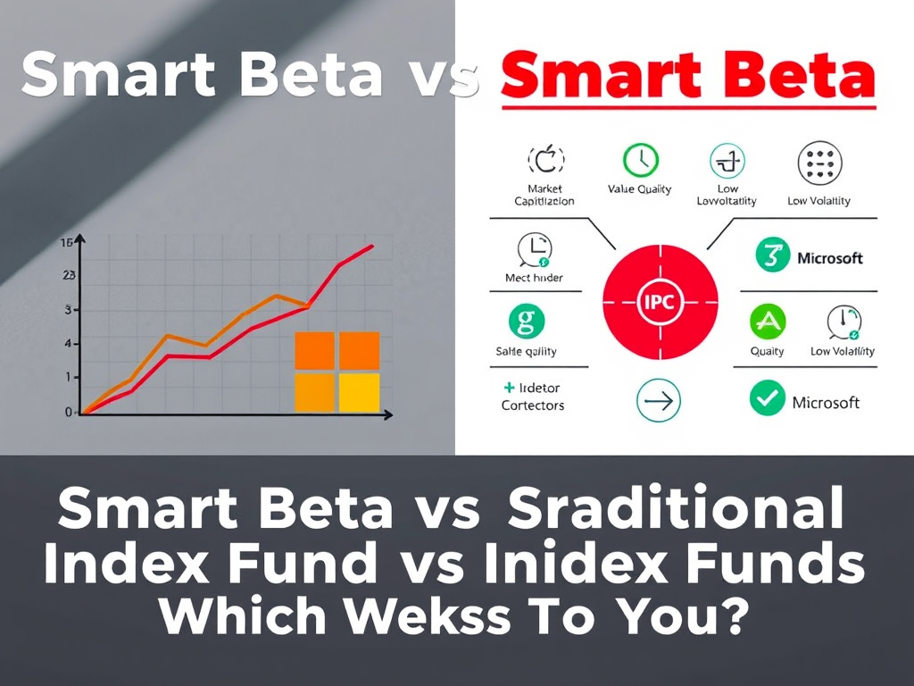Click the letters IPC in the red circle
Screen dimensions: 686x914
[661, 303]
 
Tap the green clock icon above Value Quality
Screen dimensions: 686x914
[640, 161]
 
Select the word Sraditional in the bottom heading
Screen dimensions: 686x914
[675, 509]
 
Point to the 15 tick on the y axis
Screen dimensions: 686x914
[65, 242]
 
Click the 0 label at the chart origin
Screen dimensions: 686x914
[68, 412]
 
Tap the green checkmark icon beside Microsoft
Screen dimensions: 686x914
[767, 398]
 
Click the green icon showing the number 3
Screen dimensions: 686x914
[773, 256]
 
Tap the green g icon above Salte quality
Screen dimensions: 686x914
[526, 321]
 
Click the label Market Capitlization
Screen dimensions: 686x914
[544, 195]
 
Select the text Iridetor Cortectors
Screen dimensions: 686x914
[532, 397]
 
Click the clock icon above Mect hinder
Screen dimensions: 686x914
[535, 250]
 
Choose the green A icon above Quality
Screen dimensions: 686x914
[767, 321]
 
